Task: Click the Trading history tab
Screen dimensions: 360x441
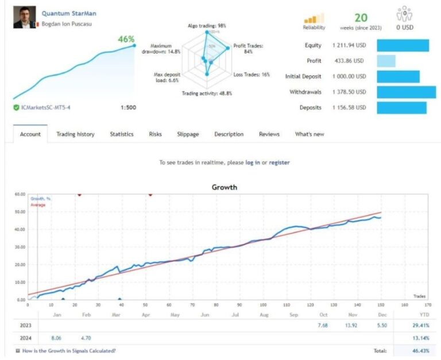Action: point(75,134)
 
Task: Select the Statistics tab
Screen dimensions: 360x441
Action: point(122,134)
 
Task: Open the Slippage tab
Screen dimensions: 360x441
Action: point(188,134)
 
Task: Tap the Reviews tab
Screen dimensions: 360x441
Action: point(269,134)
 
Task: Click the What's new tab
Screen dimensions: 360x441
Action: point(310,134)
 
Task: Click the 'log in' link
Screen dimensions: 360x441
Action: point(253,162)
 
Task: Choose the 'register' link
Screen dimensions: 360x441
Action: point(279,162)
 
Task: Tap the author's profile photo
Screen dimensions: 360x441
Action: point(23,18)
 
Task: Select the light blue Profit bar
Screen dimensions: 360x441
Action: point(386,61)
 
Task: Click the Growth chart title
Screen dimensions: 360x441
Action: point(224,187)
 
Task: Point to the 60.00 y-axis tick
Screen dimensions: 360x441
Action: point(20,195)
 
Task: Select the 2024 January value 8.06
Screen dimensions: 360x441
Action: point(56,338)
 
